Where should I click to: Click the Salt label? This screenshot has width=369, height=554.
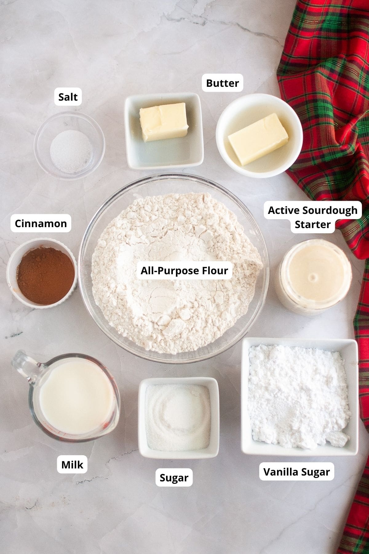(68, 97)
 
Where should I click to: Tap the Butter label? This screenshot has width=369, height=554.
(222, 83)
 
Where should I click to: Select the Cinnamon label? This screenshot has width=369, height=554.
(41, 223)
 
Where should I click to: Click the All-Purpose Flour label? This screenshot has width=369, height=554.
(184, 271)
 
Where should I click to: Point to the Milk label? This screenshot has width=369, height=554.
(72, 465)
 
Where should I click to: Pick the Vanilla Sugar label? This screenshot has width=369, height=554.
(296, 472)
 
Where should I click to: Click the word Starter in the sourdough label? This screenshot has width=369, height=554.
(312, 224)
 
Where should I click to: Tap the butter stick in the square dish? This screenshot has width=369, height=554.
(164, 122)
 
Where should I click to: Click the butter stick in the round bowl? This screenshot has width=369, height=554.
(258, 139)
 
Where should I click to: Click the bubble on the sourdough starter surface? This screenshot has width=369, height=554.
(314, 277)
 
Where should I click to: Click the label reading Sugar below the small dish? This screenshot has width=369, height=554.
(174, 478)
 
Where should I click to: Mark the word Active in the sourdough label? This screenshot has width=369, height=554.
(284, 211)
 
